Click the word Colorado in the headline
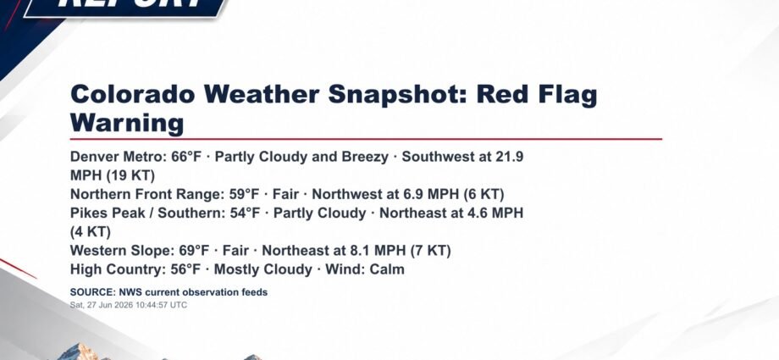click(133, 94)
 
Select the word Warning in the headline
click(127, 122)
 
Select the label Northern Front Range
click(146, 194)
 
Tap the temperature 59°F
click(245, 194)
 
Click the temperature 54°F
click(246, 213)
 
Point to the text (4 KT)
click(91, 232)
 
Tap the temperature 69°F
click(194, 250)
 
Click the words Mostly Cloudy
click(262, 269)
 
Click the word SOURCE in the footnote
click(93, 292)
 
